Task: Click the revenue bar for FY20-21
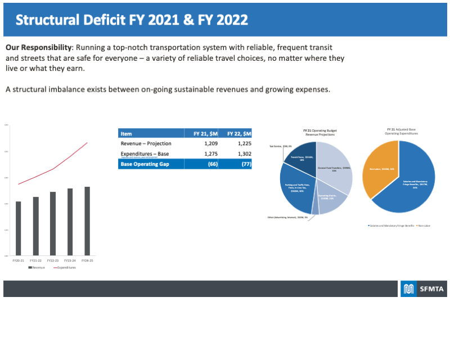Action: pos(18,228)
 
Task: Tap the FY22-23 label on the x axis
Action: pos(52,260)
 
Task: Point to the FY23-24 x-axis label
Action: pos(70,260)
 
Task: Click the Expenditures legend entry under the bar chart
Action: pos(65,268)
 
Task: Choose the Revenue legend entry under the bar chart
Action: pos(37,268)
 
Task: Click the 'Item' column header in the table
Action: pos(127,133)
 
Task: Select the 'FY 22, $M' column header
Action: pos(239,133)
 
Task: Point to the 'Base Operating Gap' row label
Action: pos(145,164)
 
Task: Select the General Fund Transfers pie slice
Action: pos(336,169)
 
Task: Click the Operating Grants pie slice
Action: pos(329,200)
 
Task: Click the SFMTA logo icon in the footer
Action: pos(408,289)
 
